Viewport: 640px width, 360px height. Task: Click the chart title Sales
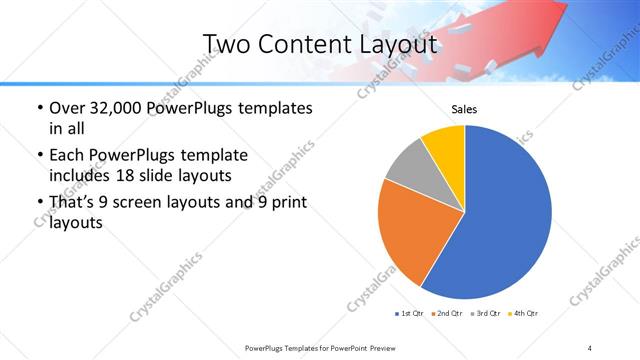[x=464, y=110]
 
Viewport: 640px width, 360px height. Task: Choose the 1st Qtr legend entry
[x=408, y=314]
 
